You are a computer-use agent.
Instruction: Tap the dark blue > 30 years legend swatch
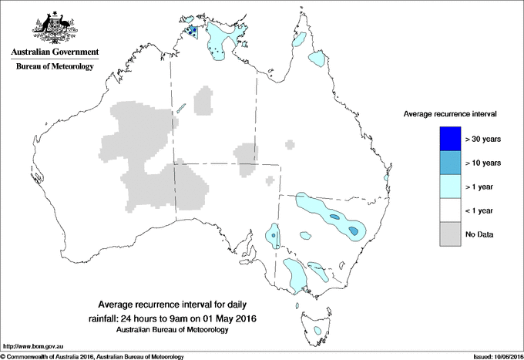(445, 139)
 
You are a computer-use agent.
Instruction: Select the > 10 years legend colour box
(445, 163)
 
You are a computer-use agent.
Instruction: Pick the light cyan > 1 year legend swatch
(445, 186)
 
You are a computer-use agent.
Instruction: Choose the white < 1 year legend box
(445, 210)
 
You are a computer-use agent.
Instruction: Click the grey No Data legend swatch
(445, 234)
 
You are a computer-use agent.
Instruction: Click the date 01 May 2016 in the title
(230, 318)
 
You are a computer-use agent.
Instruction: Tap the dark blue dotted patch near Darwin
(192, 32)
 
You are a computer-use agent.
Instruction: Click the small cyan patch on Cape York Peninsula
(317, 58)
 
